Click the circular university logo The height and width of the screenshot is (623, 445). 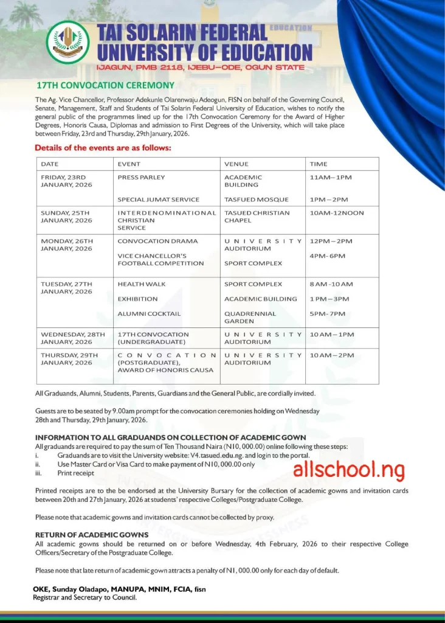pos(67,43)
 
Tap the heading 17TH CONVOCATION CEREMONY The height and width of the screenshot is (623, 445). pos(105,86)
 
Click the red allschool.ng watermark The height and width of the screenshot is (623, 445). pos(348,469)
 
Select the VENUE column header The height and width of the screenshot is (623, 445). pos(236,164)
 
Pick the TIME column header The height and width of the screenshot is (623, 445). pos(318,164)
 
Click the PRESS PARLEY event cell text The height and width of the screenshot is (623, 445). pos(141,178)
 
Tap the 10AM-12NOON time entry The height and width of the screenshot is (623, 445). pos(337,213)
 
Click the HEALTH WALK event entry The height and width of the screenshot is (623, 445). pos(141,284)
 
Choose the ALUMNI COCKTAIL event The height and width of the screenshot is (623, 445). pos(149,314)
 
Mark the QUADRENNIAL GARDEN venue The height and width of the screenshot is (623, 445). pos(250,318)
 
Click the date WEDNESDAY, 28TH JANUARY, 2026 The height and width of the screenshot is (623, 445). pos(72,338)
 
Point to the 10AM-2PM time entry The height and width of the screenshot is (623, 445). pos(331,355)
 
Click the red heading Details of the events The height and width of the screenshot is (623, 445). pos(103,148)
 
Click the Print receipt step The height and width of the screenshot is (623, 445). pos(75,473)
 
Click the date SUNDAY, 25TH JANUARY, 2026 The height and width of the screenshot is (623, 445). pos(68,217)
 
